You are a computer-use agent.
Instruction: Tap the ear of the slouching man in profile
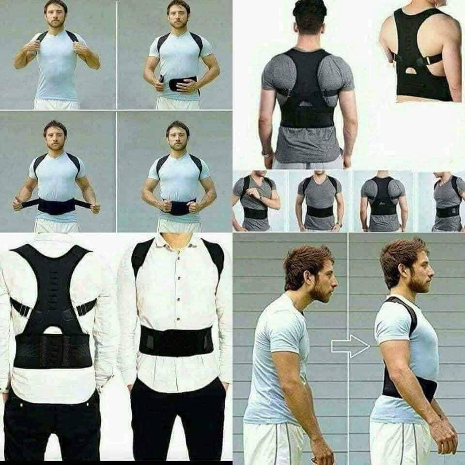tap(308, 278)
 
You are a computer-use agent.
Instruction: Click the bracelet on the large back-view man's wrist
tap(266, 154)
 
